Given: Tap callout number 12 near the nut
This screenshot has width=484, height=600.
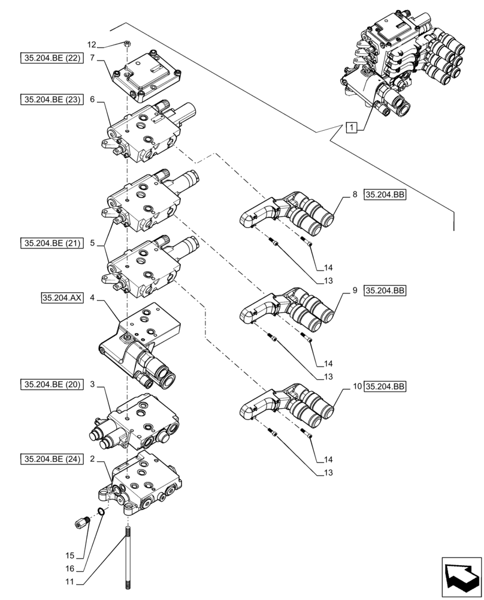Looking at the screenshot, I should [91, 44].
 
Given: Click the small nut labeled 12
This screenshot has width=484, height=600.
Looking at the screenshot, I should [127, 43].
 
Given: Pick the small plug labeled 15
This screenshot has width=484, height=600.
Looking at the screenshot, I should [81, 523].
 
